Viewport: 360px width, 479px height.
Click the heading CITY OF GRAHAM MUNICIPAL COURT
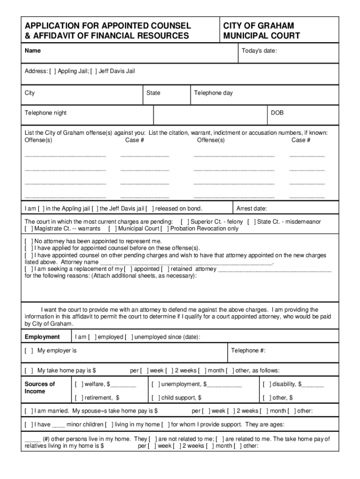pyautogui.click(x=262, y=30)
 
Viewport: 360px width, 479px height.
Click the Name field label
pyautogui.click(x=33, y=51)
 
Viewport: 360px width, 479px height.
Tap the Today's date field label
pyautogui.click(x=259, y=51)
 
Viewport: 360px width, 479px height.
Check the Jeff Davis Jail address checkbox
pyautogui.click(x=94, y=71)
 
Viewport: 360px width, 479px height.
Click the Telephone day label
pyautogui.click(x=213, y=93)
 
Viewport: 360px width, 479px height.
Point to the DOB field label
pyautogui.click(x=277, y=113)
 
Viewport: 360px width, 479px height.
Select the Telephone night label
pyautogui.click(x=46, y=113)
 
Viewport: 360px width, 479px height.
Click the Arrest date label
pyautogui.click(x=252, y=209)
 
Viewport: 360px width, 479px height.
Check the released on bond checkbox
pyautogui.click(x=150, y=209)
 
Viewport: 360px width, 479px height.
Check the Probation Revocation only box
pyautogui.click(x=165, y=229)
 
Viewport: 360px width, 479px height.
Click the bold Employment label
pyautogui.click(x=42, y=337)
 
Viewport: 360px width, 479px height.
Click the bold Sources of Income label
pyautogui.click(x=40, y=387)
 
